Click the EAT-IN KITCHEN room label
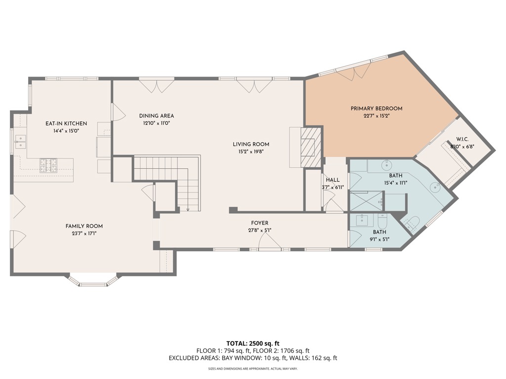66,123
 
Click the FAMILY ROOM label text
84,226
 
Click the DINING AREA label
156,116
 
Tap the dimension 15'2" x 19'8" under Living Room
251,152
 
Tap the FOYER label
259,223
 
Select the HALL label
332,180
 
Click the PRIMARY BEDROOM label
376,109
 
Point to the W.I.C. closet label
463,139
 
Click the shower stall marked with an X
366,202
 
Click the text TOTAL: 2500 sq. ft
253,343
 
